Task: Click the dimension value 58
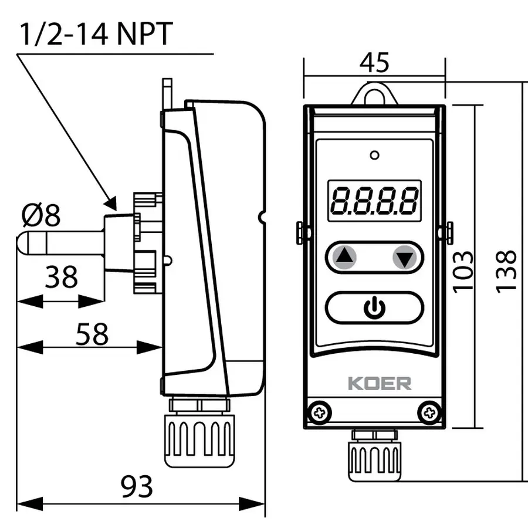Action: (x=93, y=334)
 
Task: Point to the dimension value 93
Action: (x=136, y=486)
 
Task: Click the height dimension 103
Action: (x=463, y=271)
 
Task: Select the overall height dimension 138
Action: (x=506, y=271)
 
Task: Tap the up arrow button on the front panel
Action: (x=345, y=256)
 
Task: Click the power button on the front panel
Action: (x=374, y=307)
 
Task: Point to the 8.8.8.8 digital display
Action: (x=374, y=200)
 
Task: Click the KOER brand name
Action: (x=380, y=384)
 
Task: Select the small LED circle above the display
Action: (x=374, y=155)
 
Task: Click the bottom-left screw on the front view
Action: (x=319, y=411)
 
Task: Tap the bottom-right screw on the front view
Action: (x=430, y=411)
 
